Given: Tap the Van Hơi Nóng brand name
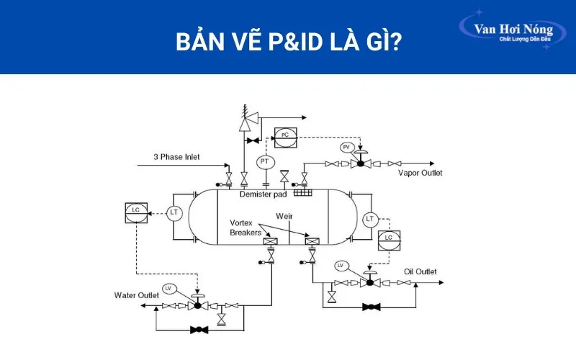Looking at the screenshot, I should click(x=513, y=30).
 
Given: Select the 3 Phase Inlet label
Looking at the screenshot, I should click(x=176, y=157).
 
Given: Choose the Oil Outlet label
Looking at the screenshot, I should click(x=420, y=271).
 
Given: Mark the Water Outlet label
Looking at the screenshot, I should click(x=137, y=295).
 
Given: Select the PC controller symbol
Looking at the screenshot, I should click(x=284, y=135).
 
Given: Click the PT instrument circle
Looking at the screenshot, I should click(x=264, y=161).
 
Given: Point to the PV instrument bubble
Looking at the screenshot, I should click(x=346, y=148).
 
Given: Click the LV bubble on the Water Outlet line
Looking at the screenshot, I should click(x=169, y=289).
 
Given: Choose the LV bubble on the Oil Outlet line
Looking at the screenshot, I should click(x=343, y=266).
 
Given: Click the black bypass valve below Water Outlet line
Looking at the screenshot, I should click(x=197, y=330).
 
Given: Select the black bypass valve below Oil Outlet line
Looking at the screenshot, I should click(x=371, y=307).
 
